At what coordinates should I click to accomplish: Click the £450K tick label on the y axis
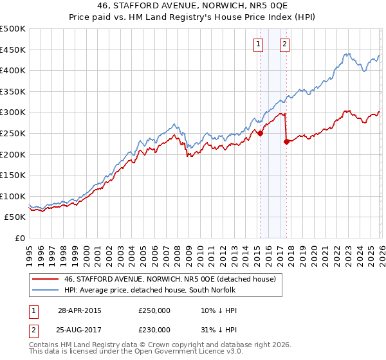click(13, 50)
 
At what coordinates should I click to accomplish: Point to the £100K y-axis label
click(13, 196)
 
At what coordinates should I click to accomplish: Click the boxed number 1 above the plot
click(258, 44)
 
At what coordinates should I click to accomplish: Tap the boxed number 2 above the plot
click(284, 44)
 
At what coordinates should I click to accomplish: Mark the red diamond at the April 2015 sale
click(260, 134)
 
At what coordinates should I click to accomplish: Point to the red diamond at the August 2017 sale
click(286, 142)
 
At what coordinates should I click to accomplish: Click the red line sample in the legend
click(45, 279)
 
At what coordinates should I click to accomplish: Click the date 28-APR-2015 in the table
click(79, 310)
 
